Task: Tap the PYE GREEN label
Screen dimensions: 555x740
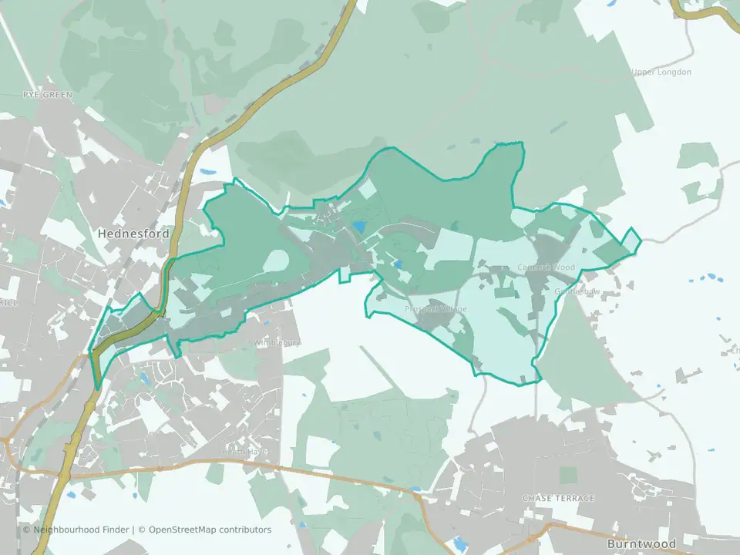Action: (x=47, y=95)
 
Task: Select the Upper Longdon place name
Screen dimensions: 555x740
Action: (x=661, y=72)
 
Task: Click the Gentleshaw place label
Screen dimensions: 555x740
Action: (x=577, y=291)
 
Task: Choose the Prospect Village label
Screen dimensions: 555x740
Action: (x=436, y=309)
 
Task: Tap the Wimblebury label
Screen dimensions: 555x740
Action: (x=276, y=341)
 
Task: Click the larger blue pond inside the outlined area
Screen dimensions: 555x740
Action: (x=358, y=227)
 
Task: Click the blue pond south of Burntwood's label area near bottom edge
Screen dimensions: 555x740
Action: (x=461, y=543)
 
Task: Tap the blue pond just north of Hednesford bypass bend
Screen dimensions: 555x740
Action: (x=207, y=172)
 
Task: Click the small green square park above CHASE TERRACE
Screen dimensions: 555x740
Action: (x=568, y=475)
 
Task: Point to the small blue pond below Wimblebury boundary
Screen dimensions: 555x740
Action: (x=144, y=378)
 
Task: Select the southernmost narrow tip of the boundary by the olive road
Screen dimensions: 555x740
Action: (x=97, y=386)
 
